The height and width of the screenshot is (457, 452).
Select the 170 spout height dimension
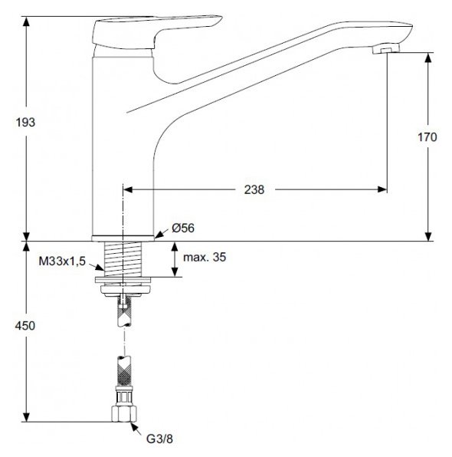tap(427, 138)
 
